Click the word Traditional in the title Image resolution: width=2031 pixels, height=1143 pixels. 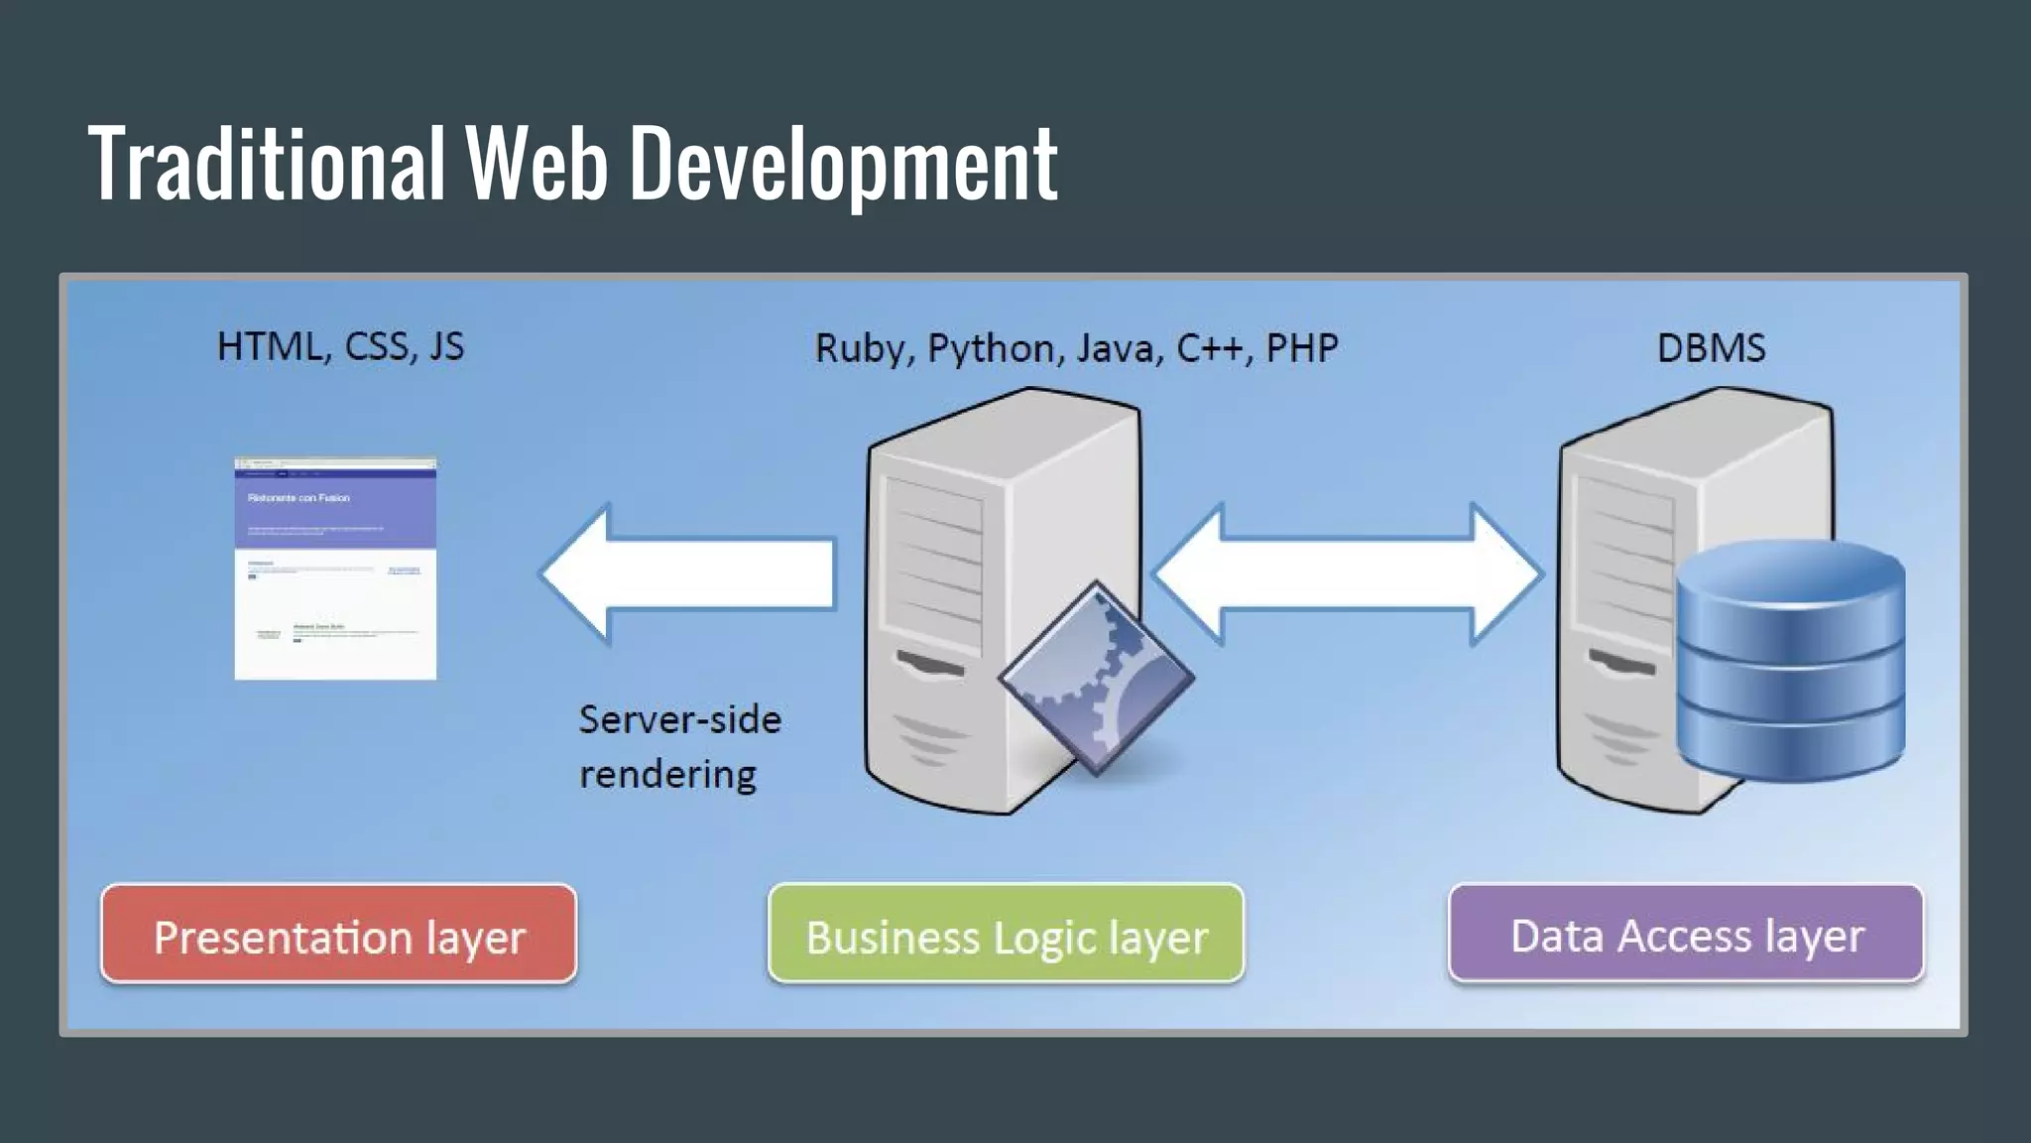266,163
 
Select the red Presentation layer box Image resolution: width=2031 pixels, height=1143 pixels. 338,935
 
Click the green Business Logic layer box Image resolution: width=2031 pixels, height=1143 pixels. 1006,935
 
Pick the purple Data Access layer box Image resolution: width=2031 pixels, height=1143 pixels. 1685,934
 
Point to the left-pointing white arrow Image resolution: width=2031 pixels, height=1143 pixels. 688,573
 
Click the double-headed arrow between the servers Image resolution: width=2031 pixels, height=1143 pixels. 1347,573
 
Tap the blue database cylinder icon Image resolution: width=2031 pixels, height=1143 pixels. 1790,659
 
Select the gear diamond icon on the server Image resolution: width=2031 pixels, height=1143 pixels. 1096,678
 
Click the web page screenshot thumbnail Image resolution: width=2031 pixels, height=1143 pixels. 335,569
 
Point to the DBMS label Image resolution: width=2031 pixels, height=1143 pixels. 1711,347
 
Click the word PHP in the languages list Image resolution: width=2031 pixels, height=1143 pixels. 1301,347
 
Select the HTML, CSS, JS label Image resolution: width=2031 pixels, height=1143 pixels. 340,346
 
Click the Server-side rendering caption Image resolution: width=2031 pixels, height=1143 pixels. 678,746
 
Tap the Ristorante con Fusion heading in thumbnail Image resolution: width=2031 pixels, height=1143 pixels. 299,498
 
